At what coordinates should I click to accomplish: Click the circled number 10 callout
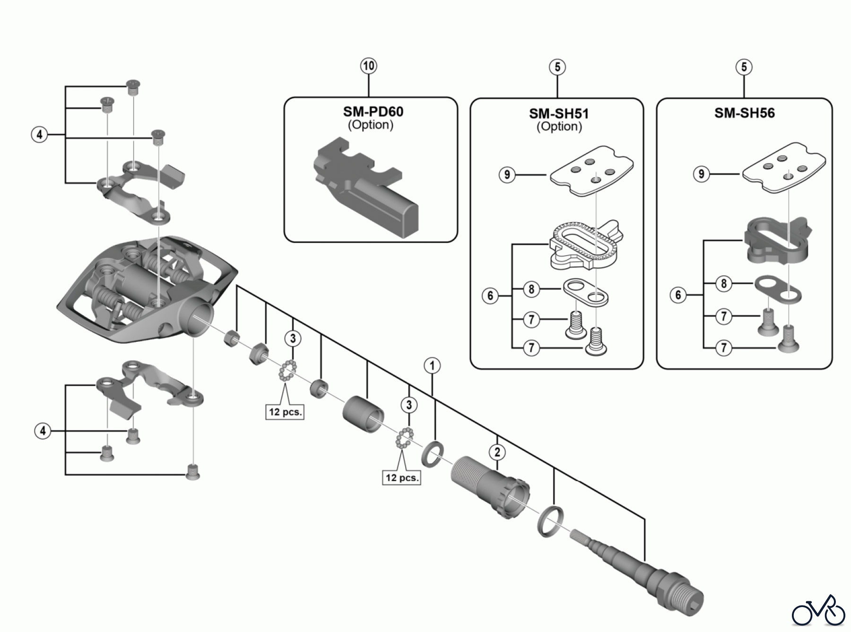[x=369, y=66]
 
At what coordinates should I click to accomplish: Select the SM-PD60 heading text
[x=373, y=112]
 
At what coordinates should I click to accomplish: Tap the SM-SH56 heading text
[x=745, y=113]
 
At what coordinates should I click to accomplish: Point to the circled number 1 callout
[x=432, y=365]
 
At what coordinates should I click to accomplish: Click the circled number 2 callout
[x=497, y=452]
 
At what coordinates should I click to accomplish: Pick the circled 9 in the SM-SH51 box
[x=507, y=175]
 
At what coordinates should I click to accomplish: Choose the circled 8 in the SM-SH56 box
[x=723, y=284]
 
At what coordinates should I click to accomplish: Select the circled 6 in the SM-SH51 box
[x=490, y=296]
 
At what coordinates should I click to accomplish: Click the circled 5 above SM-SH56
[x=744, y=67]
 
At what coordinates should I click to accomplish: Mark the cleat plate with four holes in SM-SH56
[x=784, y=169]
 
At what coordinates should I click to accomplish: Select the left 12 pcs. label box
[x=285, y=412]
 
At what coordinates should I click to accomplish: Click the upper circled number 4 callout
[x=39, y=135]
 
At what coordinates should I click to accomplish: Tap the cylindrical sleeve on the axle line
[x=363, y=410]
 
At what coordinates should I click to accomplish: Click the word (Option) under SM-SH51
[x=559, y=126]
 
